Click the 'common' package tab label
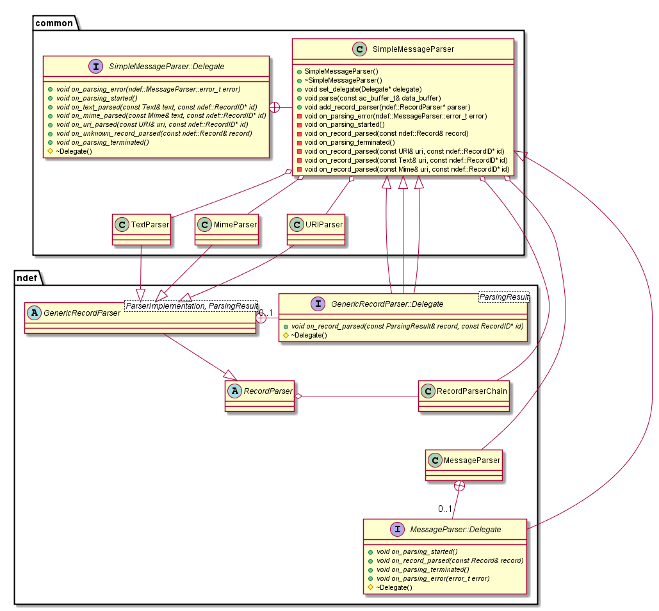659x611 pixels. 54,23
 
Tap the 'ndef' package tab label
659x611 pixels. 27,278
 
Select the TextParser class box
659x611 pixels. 142,229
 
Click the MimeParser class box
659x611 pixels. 227,229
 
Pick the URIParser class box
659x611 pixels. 316,229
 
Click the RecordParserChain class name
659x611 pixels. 471,391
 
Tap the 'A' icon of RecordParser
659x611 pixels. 234,391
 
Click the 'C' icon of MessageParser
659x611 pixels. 435,460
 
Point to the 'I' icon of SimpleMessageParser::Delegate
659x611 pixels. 96,67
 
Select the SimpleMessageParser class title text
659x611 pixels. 413,49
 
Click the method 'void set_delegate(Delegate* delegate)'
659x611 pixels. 362,89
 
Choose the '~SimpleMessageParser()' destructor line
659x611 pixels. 343,80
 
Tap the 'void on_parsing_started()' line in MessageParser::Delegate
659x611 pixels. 417,551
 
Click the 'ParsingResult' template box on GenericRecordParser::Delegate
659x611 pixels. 504,297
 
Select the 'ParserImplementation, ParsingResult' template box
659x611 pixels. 191,306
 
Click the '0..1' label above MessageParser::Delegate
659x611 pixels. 445,509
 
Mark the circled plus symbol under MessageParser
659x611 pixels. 459,486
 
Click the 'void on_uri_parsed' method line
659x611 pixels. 152,124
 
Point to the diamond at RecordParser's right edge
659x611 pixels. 298,396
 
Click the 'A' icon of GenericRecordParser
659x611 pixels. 34,313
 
